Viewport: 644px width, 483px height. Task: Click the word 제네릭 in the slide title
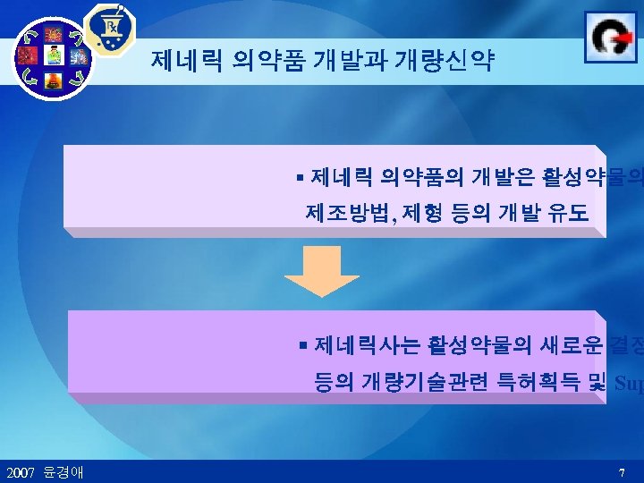click(x=186, y=61)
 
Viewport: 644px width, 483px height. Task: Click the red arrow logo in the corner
click(x=611, y=37)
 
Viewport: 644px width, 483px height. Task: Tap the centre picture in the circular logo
click(x=54, y=56)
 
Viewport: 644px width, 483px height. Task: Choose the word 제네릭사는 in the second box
click(x=354, y=343)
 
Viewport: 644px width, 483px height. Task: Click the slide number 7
click(x=621, y=471)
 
